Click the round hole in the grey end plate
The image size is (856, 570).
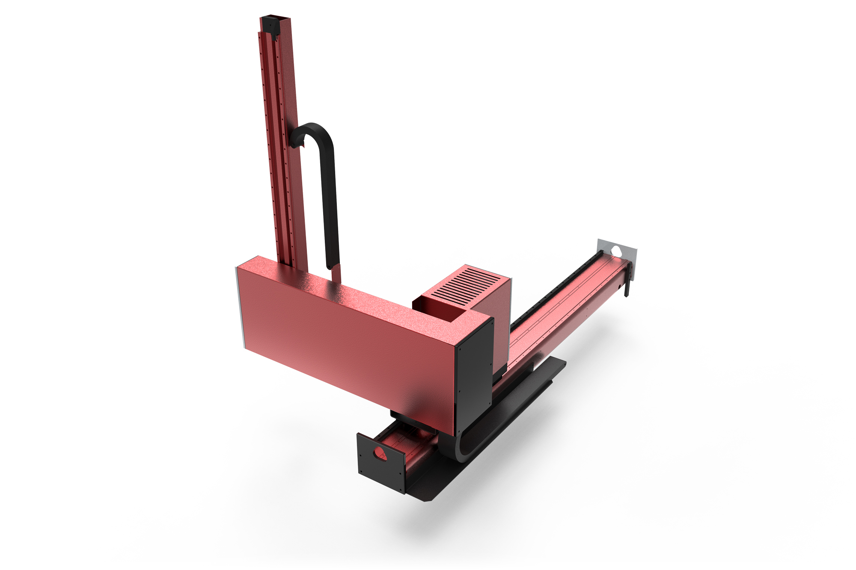point(617,251)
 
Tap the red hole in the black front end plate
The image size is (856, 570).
point(380,453)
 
